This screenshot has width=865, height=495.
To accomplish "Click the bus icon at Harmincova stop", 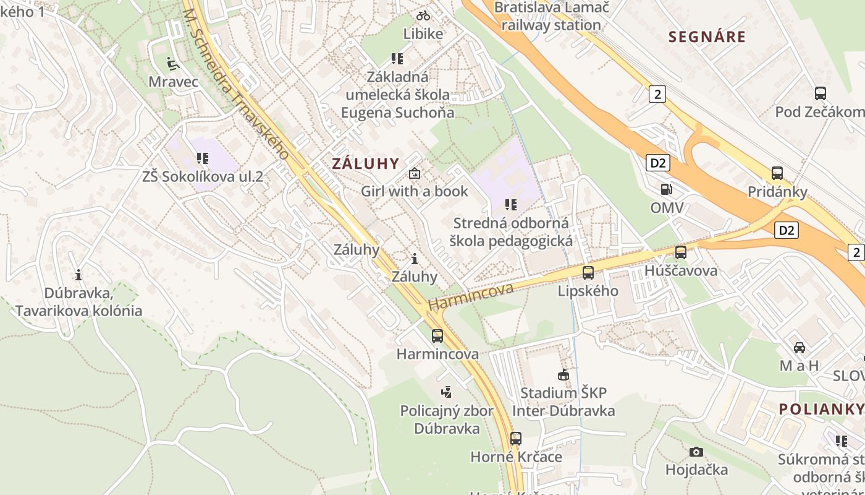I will tap(437, 336).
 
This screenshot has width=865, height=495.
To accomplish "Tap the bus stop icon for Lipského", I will tap(588, 272).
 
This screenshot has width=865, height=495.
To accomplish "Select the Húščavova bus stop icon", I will tap(681, 252).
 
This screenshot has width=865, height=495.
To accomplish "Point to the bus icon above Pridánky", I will tap(777, 173).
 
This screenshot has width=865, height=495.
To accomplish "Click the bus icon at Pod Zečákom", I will tap(821, 93).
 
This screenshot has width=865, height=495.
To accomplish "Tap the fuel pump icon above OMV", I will tap(666, 189).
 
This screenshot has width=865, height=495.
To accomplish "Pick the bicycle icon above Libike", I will tap(423, 15).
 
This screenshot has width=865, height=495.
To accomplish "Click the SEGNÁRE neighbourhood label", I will tap(707, 37).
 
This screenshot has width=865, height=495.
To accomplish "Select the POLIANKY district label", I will tap(821, 409).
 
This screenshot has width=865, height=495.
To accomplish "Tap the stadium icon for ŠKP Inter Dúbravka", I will tap(563, 374).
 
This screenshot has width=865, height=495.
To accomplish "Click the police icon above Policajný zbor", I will tap(446, 392).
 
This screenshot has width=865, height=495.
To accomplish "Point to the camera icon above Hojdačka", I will tap(696, 452).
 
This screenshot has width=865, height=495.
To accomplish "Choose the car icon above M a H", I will tap(800, 347).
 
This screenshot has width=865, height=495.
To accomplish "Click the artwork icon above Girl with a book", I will tap(415, 173).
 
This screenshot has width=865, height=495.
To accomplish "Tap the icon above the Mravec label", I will tap(173, 63).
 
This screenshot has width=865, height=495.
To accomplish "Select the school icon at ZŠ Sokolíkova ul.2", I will tap(203, 158).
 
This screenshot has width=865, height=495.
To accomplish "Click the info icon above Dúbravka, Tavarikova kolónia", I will tap(78, 275).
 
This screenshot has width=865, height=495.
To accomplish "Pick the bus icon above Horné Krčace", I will tap(516, 439).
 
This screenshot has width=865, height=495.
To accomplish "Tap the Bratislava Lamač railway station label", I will tap(551, 16).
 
